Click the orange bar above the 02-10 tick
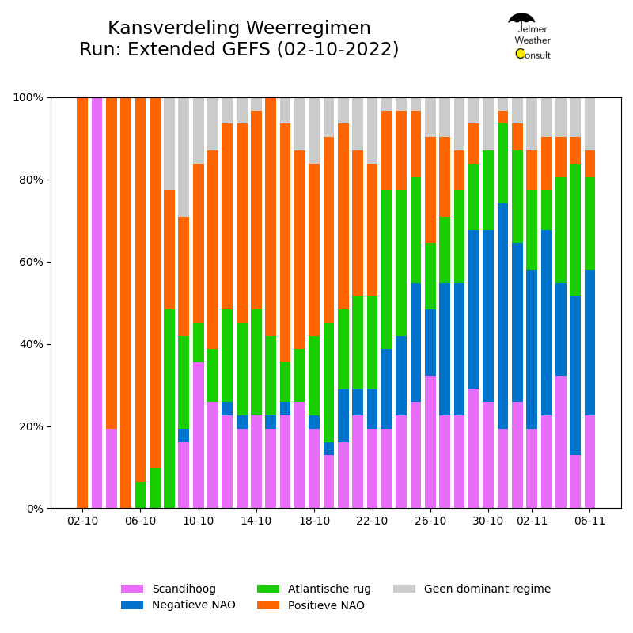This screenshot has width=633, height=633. pos(82,303)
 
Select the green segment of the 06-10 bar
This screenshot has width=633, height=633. pos(141,495)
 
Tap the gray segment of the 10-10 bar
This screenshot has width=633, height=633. pos(199,131)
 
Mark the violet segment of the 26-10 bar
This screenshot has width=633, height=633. pos(430,442)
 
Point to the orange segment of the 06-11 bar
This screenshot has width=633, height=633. pos(589,164)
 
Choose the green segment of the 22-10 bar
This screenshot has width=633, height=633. pos(372,343)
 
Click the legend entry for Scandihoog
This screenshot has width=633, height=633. pos(169,589)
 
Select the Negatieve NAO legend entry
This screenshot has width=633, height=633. pos(178,605)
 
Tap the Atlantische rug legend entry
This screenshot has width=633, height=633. pos(314,589)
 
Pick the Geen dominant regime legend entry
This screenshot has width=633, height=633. pos(472,589)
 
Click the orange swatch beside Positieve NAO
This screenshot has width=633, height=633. pos(268,605)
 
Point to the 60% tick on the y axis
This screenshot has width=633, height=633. pos(49,262)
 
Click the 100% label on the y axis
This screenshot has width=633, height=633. pos(28,97)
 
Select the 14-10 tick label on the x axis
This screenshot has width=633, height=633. pos(256,521)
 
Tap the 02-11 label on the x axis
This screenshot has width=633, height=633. pos(532,521)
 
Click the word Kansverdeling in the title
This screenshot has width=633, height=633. pos(174,28)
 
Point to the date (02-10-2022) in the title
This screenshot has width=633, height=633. pos(338,50)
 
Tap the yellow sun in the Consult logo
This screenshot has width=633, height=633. pos(520,54)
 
